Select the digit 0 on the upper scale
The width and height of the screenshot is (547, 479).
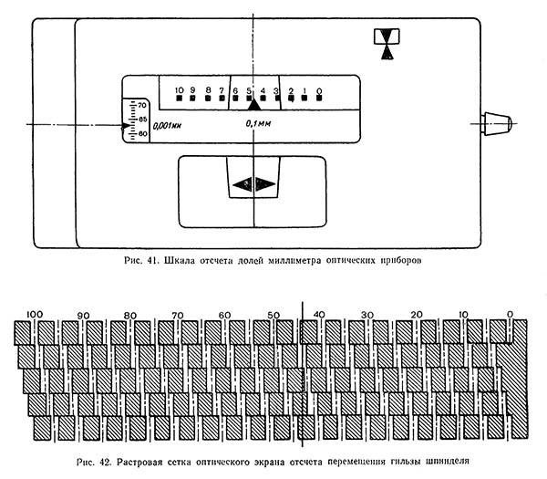click(318, 90)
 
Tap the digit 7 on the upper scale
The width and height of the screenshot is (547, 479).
click(222, 90)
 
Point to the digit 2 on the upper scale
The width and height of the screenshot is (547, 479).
click(291, 90)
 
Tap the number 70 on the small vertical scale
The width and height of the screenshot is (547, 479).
click(142, 107)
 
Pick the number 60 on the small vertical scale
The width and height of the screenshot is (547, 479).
click(142, 134)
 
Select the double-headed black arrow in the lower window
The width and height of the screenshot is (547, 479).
click(253, 183)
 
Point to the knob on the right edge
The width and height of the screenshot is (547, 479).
click(495, 123)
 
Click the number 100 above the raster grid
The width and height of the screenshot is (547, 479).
click(36, 315)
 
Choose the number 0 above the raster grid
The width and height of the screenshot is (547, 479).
click(511, 315)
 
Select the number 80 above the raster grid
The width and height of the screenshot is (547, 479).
click(130, 315)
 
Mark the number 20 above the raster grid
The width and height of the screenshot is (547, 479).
click(417, 315)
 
